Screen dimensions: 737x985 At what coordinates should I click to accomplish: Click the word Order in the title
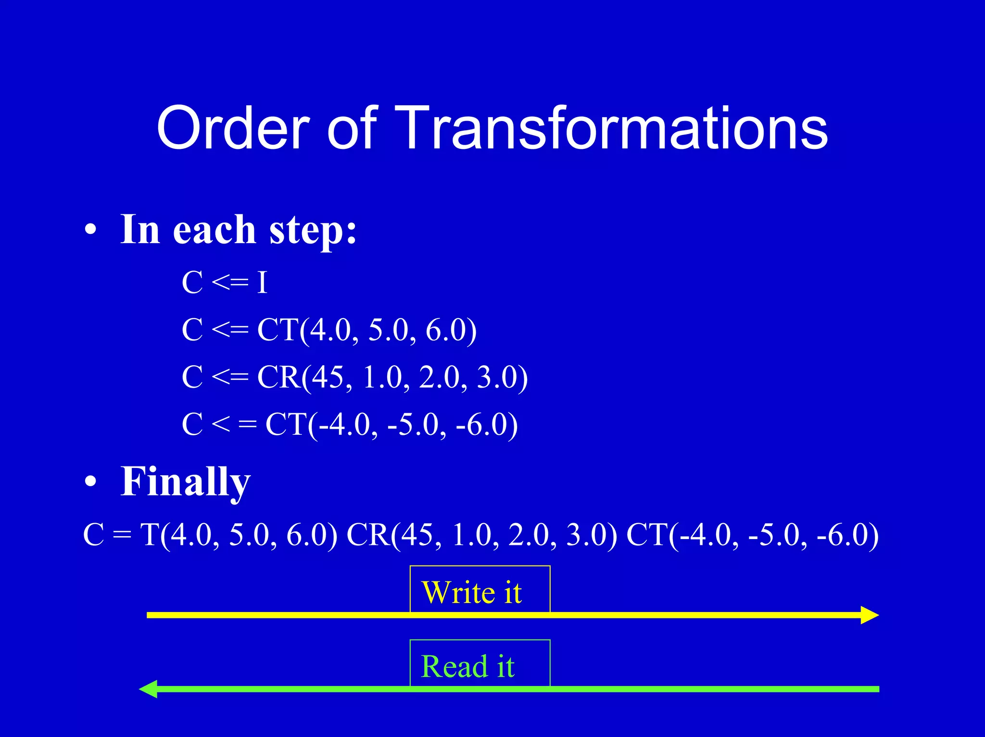point(233,129)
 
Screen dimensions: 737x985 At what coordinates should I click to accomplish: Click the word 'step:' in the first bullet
point(313,231)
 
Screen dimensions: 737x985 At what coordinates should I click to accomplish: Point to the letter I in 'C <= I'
point(262,283)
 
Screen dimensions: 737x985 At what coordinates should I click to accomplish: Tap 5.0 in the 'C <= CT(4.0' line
point(388,330)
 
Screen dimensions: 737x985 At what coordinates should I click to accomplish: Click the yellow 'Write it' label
point(471,592)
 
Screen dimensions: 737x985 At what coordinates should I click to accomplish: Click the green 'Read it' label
point(467,666)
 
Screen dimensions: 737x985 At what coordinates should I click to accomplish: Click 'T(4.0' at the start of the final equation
point(176,535)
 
